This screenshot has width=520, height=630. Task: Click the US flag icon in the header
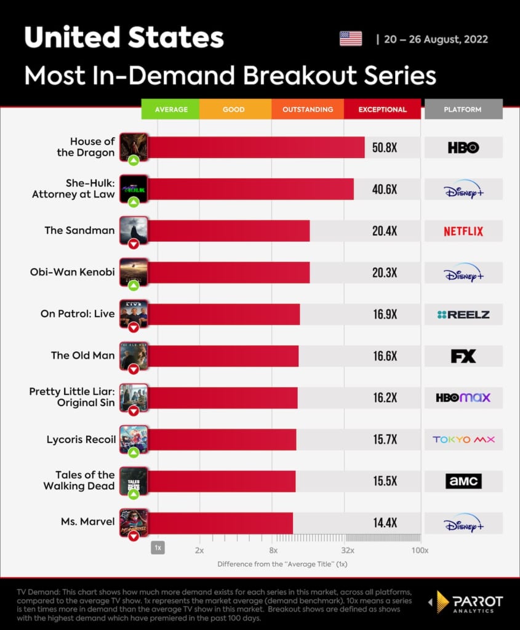pos(351,39)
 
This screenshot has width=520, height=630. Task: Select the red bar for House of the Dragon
pos(256,148)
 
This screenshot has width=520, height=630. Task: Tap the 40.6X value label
pos(385,189)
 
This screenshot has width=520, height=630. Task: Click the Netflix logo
pos(463,231)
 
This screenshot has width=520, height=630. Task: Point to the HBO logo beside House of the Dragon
pos(463,148)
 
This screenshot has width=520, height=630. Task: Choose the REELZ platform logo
pos(463,314)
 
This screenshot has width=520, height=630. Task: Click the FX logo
pos(463,356)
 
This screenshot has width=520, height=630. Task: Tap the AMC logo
pos(463,481)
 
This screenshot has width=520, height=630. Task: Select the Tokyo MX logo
pos(463,439)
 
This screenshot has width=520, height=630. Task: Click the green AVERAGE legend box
pos(170,110)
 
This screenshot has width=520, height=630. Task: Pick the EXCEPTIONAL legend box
pos(382,110)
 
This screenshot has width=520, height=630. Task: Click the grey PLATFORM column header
pos(463,110)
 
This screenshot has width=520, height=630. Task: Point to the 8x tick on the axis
pos(273,550)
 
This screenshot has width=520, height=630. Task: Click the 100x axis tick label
pos(420,550)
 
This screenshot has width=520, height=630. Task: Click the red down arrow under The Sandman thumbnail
pos(134,244)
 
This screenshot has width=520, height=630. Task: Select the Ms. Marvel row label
pos(87,522)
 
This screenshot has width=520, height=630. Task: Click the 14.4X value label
pos(385,523)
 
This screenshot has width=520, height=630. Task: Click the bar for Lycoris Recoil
pos(222,439)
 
